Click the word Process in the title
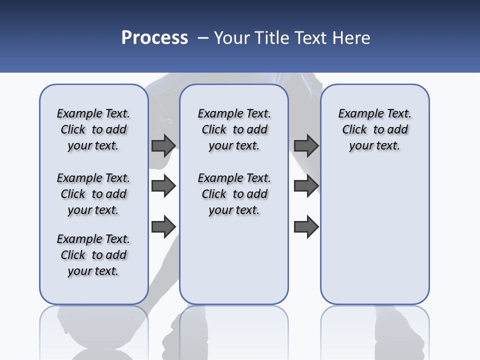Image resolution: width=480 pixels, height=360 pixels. pyautogui.click(x=154, y=38)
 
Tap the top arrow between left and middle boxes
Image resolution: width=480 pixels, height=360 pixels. pyautogui.click(x=163, y=145)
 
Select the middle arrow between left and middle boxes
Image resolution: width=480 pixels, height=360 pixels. pyautogui.click(x=163, y=186)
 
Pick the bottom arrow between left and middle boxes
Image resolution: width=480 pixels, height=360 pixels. pyautogui.click(x=163, y=226)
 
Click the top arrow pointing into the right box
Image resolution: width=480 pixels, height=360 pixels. pyautogui.click(x=306, y=145)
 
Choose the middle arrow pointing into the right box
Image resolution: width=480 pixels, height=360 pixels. pyautogui.click(x=306, y=186)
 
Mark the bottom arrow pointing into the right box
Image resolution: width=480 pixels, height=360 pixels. pyautogui.click(x=306, y=226)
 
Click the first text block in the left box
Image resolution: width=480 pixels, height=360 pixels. pyautogui.click(x=93, y=129)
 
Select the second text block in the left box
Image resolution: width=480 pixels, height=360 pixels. pyautogui.click(x=93, y=194)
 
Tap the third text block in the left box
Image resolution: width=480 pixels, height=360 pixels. pyautogui.click(x=93, y=255)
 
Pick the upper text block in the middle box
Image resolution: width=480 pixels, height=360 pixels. pyautogui.click(x=234, y=129)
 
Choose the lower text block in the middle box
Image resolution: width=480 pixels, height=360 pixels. pyautogui.click(x=234, y=194)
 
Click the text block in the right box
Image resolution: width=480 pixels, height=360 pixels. pyautogui.click(x=375, y=129)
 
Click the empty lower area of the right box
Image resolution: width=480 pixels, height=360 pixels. pyautogui.click(x=375, y=235)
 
